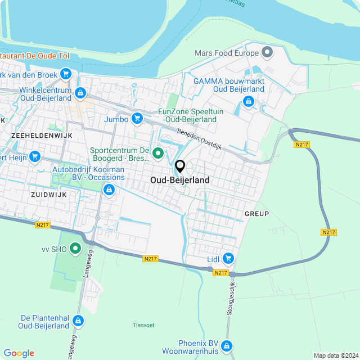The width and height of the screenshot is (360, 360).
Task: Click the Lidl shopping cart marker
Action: point(228,258)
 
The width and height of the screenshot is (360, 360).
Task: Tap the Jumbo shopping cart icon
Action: point(136,118)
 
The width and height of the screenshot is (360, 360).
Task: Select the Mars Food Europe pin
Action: point(267,53)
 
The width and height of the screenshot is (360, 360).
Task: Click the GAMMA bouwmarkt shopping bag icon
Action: point(247,102)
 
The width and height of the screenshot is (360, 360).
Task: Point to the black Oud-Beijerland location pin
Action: point(180,166)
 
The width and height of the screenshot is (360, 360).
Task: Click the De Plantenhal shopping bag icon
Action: point(78,321)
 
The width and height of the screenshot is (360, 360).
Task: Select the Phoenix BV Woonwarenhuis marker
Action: point(226,345)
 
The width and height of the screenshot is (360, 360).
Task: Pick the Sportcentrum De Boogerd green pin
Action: point(158,152)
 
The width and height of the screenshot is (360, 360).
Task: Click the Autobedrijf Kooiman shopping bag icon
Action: point(109,191)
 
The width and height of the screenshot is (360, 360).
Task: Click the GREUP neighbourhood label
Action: point(256,214)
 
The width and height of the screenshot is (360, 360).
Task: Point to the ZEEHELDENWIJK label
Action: point(37,136)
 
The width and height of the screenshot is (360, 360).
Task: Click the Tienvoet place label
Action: point(143,325)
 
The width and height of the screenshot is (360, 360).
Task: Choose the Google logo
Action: point(19,353)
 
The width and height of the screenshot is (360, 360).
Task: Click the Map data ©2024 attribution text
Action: point(335,355)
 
